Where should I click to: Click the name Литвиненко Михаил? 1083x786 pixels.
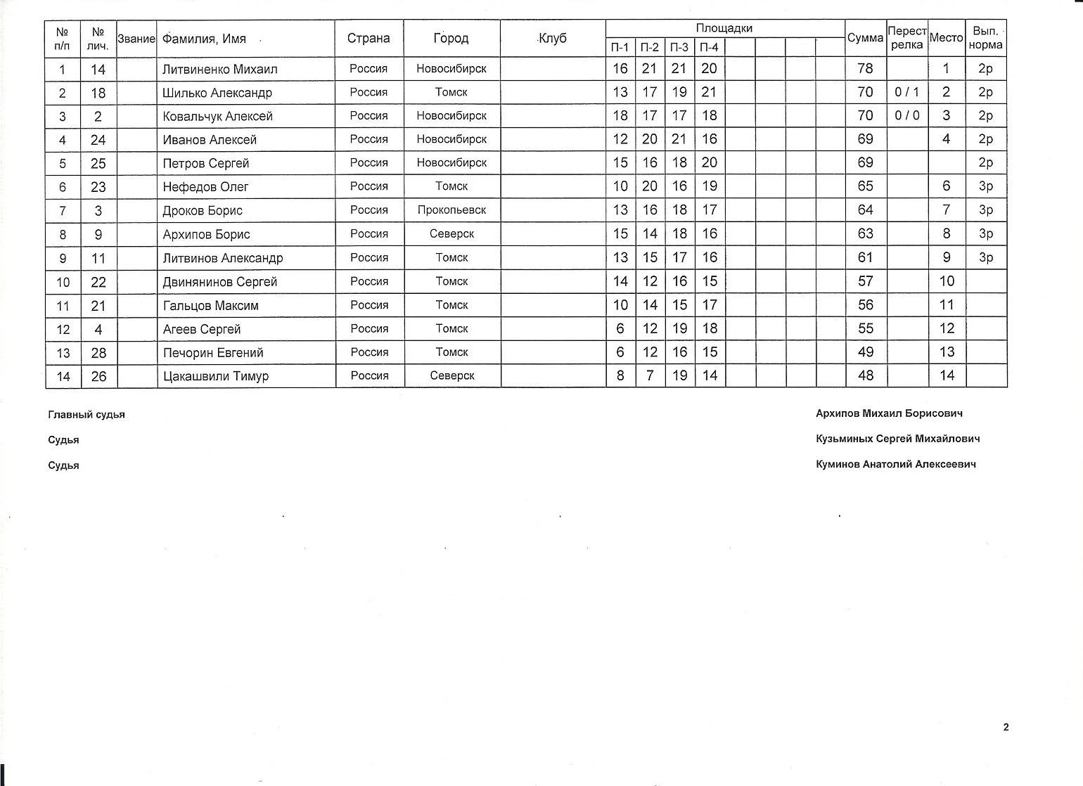coord(219,69)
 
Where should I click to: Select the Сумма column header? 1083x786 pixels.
coord(865,38)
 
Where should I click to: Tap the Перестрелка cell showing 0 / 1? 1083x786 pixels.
coord(906,92)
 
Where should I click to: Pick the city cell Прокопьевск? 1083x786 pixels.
coord(451,210)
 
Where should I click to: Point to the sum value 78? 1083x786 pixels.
coord(865,68)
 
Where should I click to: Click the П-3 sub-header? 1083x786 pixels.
coord(679,47)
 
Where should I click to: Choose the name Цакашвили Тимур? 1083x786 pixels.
coord(215,376)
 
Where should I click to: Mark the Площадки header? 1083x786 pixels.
coord(724,29)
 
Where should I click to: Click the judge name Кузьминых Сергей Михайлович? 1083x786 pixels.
coord(897,439)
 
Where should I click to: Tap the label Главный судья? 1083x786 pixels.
coord(86,415)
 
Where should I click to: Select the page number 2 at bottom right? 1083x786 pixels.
coord(1006,727)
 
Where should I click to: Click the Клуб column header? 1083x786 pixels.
coord(552,38)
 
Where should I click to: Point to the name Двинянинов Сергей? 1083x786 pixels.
coord(219,282)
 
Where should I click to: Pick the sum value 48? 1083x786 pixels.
coord(865,375)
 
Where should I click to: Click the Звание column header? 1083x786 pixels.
coord(136,39)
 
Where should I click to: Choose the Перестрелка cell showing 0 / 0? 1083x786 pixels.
coord(906,115)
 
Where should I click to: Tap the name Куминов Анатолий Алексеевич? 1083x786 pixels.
coord(895,464)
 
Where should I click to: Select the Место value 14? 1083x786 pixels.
coord(947,375)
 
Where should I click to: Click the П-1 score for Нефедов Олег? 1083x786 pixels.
coord(620,186)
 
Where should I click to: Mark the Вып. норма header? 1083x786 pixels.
coord(986,38)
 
